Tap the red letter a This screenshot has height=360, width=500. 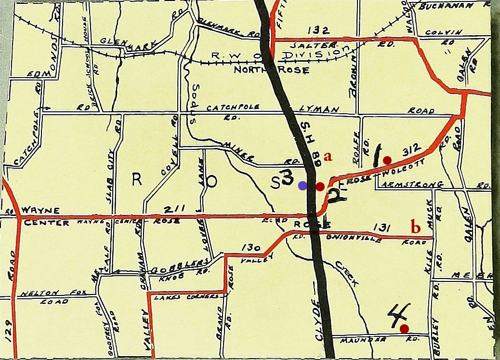[x=329, y=157]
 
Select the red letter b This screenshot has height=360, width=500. [x=415, y=226]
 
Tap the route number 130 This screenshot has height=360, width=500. [x=250, y=248]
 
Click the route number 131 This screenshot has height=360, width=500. [x=381, y=228]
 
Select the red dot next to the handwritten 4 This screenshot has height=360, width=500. [x=404, y=328]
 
